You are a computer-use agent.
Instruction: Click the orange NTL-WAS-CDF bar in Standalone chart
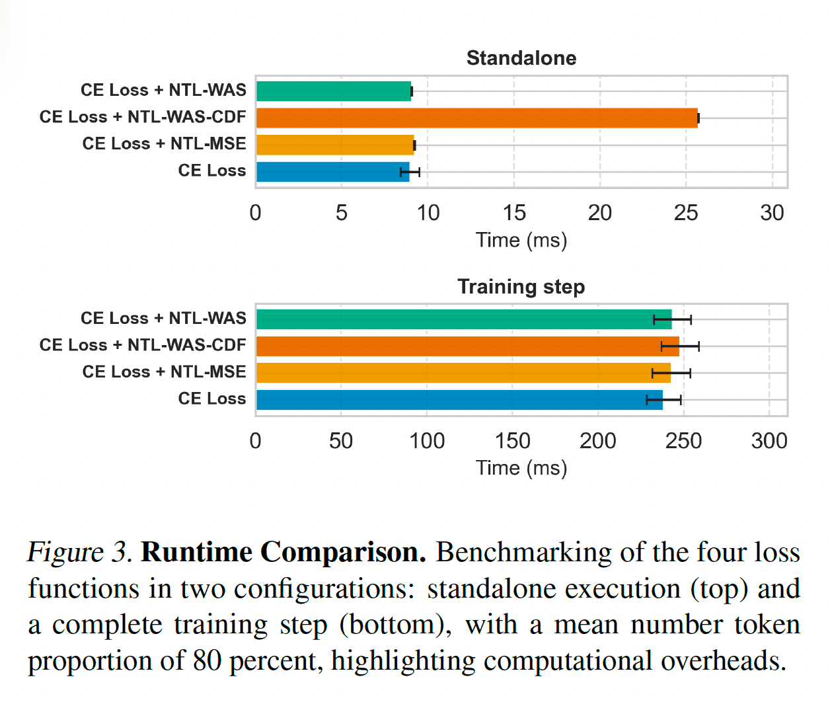(x=476, y=118)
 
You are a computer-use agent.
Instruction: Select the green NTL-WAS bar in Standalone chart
(x=334, y=91)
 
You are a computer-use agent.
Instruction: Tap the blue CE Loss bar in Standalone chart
(x=332, y=172)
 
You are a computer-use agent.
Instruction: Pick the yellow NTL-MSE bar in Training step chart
(x=463, y=373)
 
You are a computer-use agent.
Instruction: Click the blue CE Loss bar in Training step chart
(x=459, y=400)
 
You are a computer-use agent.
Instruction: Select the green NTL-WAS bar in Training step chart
(x=463, y=319)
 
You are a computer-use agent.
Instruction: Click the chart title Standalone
(x=521, y=58)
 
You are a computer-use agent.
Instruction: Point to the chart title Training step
(x=521, y=287)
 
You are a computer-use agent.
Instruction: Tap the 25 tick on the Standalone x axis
(x=685, y=213)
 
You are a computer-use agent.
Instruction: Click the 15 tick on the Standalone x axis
(x=513, y=213)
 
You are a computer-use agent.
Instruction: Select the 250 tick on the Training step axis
(x=683, y=441)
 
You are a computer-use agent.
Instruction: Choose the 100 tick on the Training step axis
(x=427, y=441)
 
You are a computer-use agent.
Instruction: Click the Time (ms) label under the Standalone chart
(x=521, y=240)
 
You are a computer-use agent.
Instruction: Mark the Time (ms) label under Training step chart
(x=521, y=468)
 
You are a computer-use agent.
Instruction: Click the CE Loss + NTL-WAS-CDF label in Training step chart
(x=143, y=345)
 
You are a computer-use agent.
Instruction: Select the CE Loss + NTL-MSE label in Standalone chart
(x=164, y=143)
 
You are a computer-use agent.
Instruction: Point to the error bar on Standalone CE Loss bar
(x=410, y=173)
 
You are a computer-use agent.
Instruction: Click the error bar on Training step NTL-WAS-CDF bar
(x=680, y=346)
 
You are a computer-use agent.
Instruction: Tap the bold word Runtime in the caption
(x=196, y=553)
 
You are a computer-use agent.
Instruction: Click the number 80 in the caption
(x=207, y=661)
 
